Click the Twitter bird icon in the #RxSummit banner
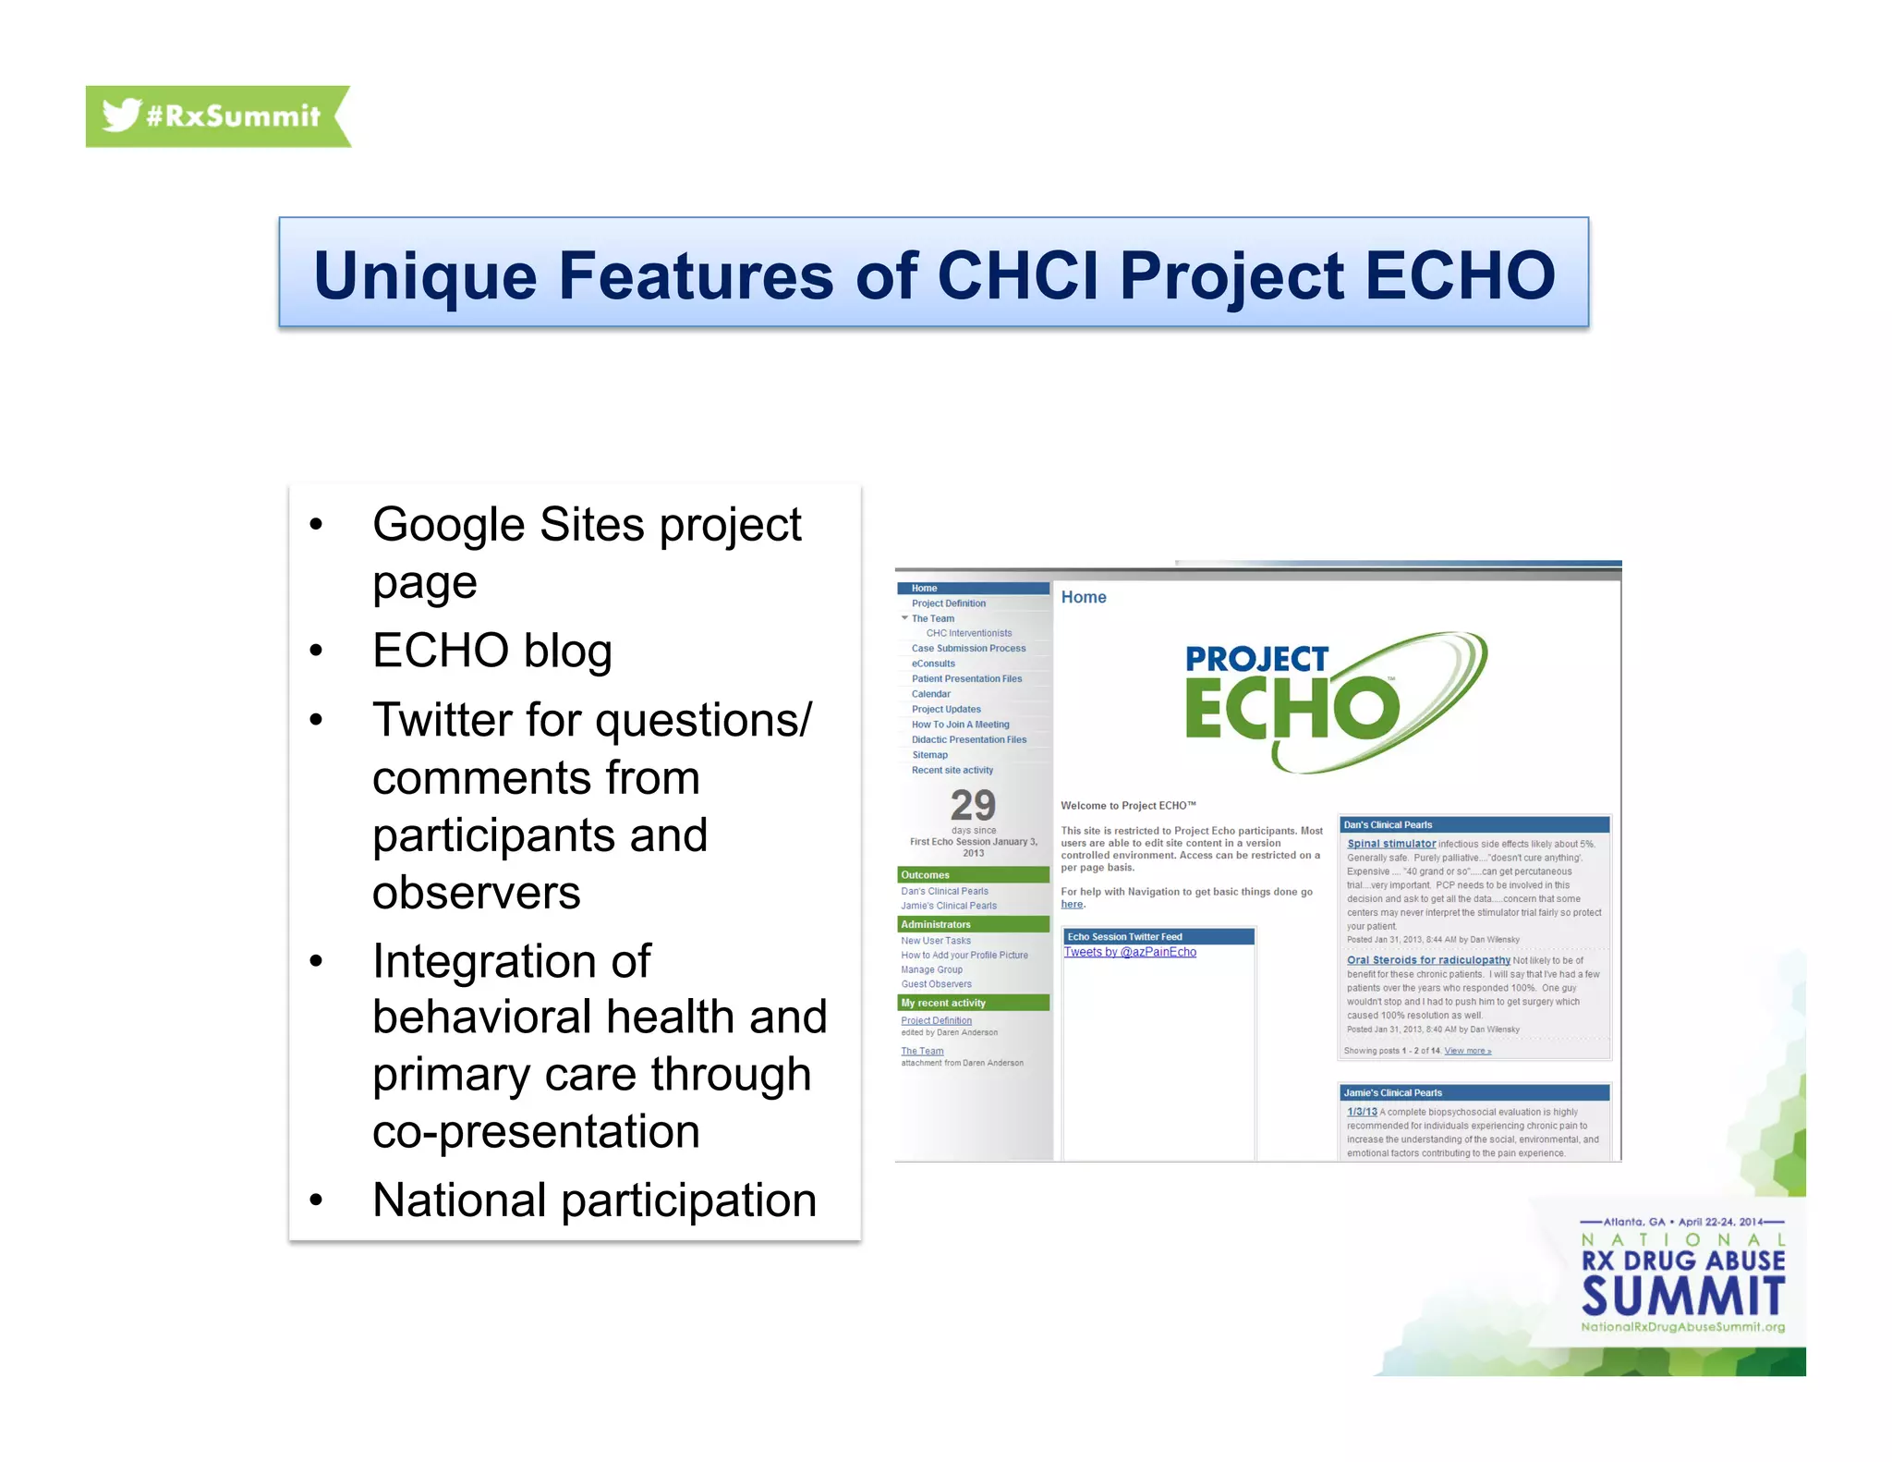click(x=121, y=115)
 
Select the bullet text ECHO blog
click(x=491, y=651)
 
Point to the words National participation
click(x=594, y=1200)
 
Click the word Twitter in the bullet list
click(x=441, y=720)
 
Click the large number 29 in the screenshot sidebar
click(x=973, y=805)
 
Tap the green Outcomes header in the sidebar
click(x=926, y=875)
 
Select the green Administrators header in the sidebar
click(x=936, y=924)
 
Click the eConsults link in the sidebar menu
click(x=933, y=664)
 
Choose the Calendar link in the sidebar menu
click(x=930, y=694)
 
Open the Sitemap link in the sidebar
click(x=929, y=755)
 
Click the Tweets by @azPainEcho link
click(x=1129, y=952)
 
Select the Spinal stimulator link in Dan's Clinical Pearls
click(x=1391, y=844)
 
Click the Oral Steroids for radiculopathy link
click(x=1428, y=960)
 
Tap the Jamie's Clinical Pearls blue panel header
click(x=1393, y=1092)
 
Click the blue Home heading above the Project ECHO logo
click(x=1084, y=597)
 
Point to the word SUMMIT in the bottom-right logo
click(x=1682, y=1297)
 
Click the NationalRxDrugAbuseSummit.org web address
click(x=1682, y=1327)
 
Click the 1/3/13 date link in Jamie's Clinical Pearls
click(x=1362, y=1112)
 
